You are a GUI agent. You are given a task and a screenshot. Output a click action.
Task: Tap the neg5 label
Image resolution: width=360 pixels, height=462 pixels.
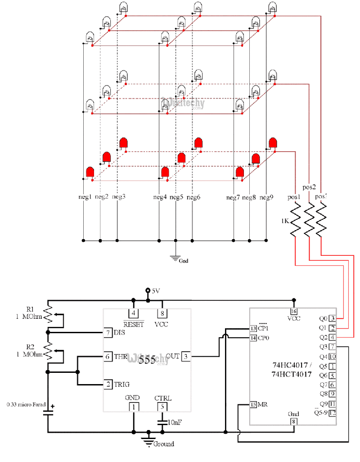pos(177,197)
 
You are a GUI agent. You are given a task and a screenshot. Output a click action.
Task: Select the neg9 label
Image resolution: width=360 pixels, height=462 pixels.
pos(266,197)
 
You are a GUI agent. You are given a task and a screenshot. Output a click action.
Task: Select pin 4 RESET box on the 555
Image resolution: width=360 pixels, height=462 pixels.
pos(133,313)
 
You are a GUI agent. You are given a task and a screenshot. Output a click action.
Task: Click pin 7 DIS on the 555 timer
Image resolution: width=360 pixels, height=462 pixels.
pos(108,332)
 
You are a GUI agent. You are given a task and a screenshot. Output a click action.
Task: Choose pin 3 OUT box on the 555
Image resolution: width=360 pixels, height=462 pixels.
pos(186,356)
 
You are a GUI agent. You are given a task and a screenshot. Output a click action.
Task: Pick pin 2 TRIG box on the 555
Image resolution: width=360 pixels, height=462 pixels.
pos(108,385)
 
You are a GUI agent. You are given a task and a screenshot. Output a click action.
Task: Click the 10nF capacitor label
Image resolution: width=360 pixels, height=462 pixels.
pos(175,422)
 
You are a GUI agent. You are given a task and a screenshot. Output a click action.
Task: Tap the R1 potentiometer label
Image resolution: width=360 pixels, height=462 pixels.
pos(30,309)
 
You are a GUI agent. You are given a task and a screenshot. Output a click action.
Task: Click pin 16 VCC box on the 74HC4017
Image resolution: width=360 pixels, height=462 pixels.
pos(294,312)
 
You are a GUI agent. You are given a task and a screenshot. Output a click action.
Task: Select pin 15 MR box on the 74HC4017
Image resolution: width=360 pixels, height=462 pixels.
pos(253,404)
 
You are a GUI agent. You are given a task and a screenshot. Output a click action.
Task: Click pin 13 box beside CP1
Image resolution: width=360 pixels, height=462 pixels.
pos(254,328)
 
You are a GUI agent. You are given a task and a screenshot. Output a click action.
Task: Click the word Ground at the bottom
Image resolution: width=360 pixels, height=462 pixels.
pos(163,444)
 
